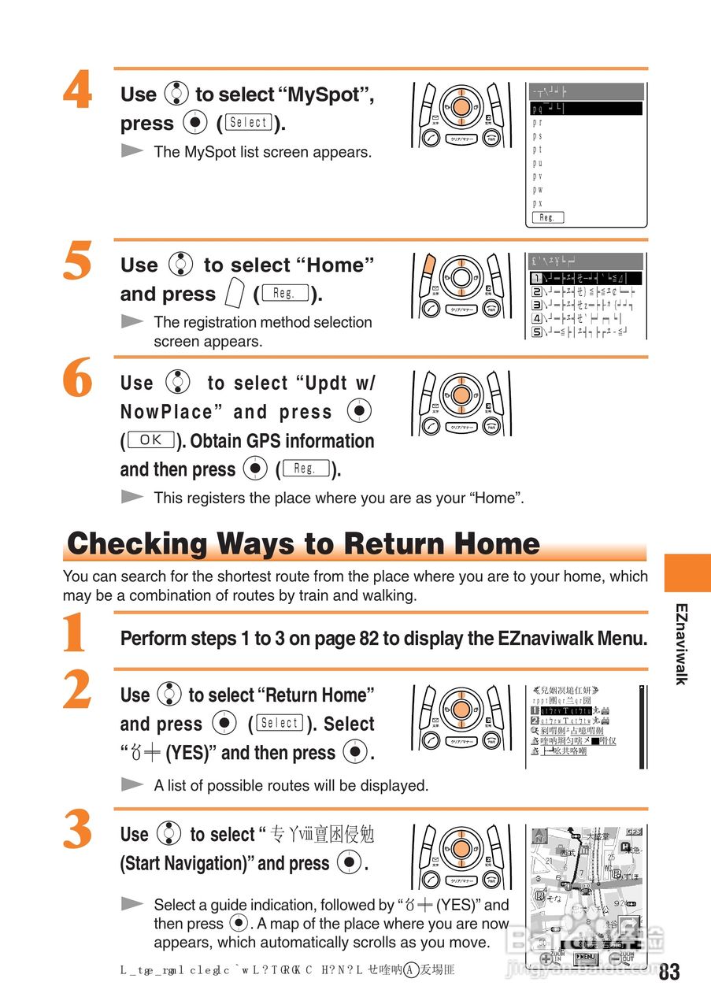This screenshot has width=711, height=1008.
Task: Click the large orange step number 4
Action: (x=77, y=92)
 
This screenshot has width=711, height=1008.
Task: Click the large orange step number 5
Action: (x=77, y=262)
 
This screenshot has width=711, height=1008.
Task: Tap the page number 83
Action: (x=668, y=972)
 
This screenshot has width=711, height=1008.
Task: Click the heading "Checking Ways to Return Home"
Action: (x=303, y=544)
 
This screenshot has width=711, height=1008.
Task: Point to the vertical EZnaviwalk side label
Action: (x=681, y=643)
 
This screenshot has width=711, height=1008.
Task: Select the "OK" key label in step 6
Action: (x=150, y=440)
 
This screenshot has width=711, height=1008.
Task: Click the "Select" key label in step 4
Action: (x=249, y=123)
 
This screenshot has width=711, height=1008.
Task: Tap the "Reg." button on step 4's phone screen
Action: (x=547, y=217)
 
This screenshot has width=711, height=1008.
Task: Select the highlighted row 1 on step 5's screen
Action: (x=586, y=278)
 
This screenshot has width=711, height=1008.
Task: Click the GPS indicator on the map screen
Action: (x=633, y=832)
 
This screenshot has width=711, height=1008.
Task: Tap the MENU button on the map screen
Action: (x=587, y=958)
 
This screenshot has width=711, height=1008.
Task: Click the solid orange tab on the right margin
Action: (x=687, y=573)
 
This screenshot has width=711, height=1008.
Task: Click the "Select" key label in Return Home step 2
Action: (x=280, y=724)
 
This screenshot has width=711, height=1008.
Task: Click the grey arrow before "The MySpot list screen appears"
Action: (x=132, y=150)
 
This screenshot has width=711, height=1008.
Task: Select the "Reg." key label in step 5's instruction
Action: (x=283, y=294)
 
